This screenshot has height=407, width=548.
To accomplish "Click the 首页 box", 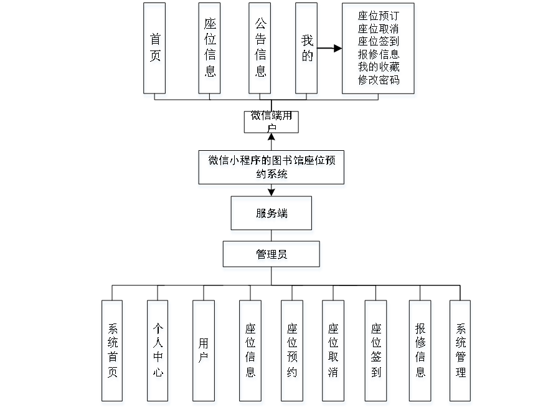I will pos(155,50).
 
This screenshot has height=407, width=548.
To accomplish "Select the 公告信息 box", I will pos(260,50).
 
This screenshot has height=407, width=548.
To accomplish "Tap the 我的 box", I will pos(307,50).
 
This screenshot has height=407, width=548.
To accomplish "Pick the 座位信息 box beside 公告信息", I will pos(210,50).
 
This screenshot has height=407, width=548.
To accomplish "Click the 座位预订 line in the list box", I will pos(379,17).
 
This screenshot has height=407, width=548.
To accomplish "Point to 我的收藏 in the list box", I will pos(379,67).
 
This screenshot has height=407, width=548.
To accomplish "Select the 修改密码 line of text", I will pos(379,81).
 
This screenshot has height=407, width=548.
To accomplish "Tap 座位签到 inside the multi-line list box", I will pos(379,42).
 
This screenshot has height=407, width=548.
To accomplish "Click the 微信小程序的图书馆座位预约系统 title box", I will pos(272,169).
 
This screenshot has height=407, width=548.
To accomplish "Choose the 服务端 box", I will pos(272,215).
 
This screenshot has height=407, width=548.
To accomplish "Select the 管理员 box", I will pos(272,256).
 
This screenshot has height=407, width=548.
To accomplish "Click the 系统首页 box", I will pos(113,352).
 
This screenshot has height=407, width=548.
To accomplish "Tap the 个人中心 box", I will pos(158,352).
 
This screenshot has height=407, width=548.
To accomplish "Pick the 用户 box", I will pos(204,352).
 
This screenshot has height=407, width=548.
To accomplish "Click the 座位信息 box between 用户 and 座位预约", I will pos(250,352).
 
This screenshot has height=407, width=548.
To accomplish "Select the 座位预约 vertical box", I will pos(293,352).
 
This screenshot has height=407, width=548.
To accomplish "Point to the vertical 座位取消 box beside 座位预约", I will pos(334,352).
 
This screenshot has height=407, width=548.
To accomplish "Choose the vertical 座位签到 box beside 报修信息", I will pos(376,352).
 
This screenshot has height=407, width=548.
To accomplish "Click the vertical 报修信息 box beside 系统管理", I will pos(421,352).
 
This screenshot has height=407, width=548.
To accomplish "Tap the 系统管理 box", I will pos(460,352).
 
